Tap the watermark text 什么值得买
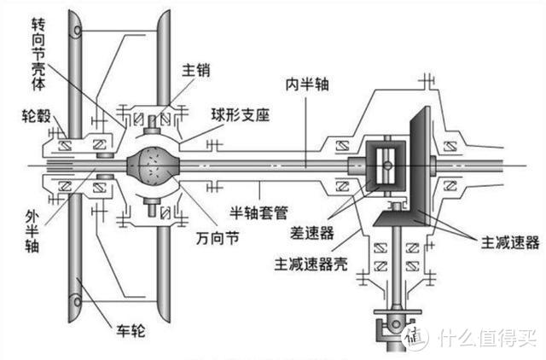click(x=486, y=337)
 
